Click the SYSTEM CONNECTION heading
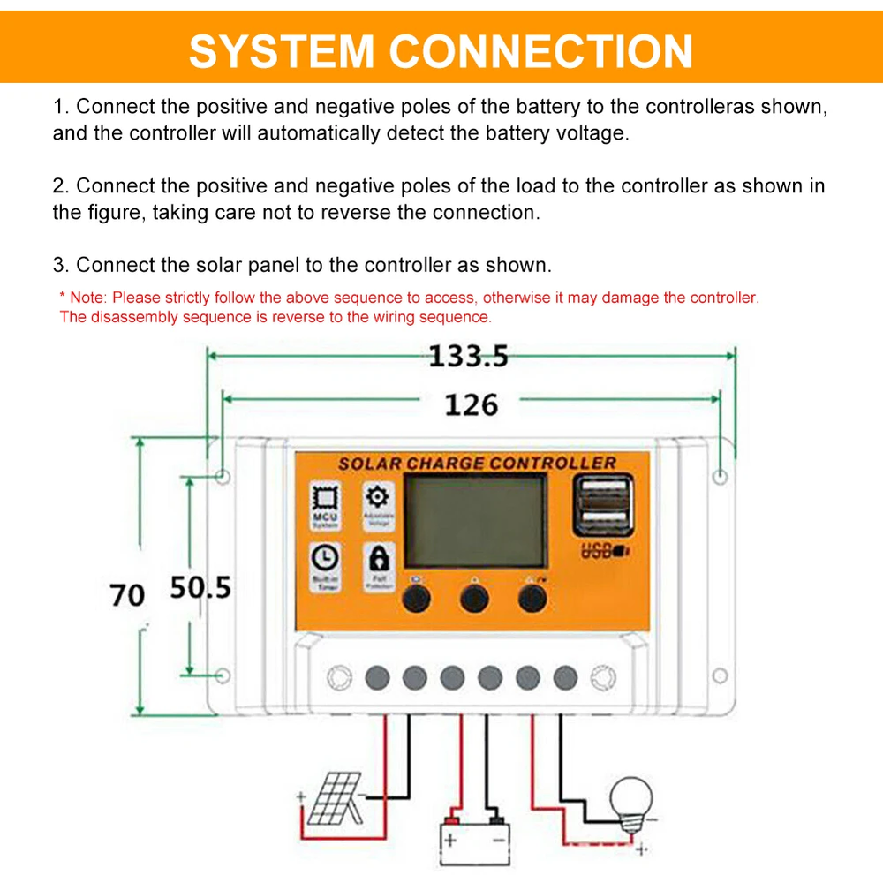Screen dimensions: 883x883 441,50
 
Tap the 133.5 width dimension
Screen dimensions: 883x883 469,357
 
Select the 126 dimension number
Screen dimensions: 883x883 471,405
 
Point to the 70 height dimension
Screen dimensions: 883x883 127,595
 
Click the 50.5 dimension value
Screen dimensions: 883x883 200,587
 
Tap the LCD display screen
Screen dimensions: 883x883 474,520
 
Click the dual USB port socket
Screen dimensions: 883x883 603,506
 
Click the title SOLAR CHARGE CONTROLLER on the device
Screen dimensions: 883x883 476,463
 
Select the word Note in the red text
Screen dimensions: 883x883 87,298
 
